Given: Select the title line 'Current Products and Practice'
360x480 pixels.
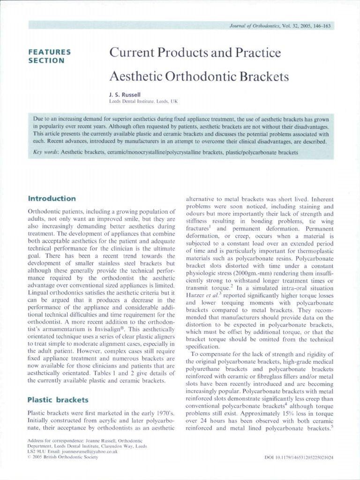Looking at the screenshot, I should tap(195, 52).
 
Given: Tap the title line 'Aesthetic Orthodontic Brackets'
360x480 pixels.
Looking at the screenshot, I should tap(199, 76).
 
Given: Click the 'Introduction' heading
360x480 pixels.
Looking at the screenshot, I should tap(52, 199).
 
